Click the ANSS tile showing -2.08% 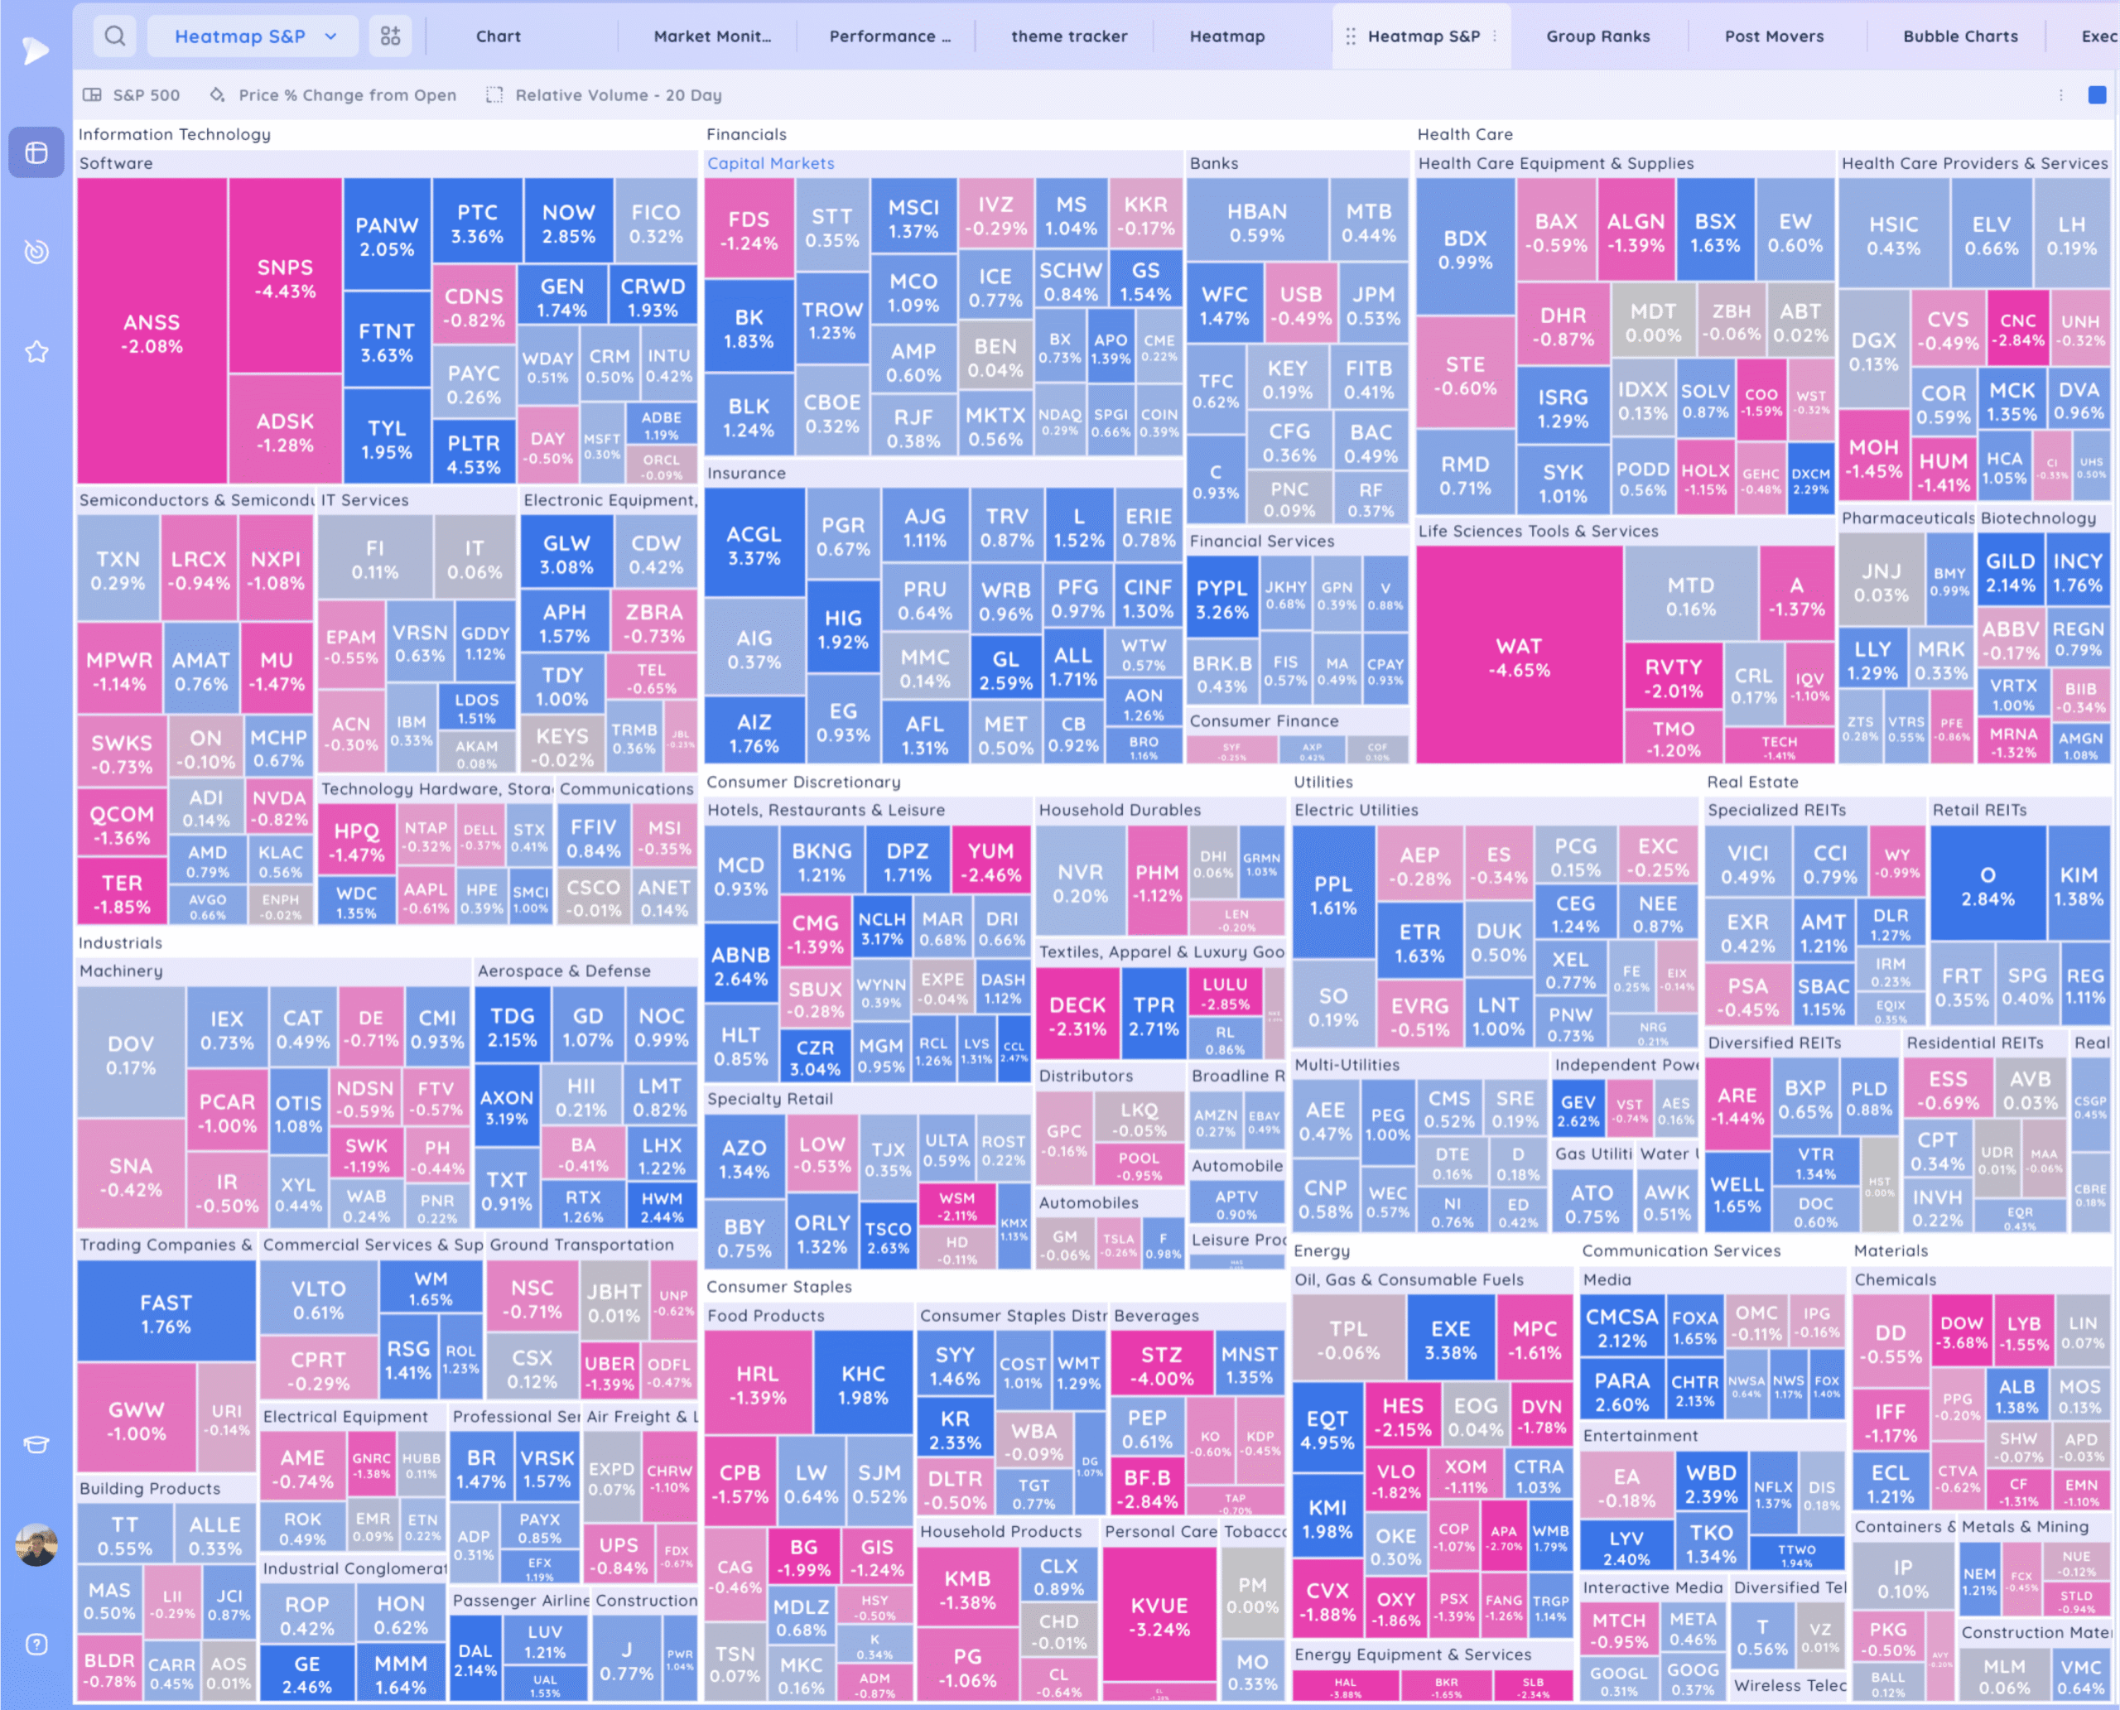151,333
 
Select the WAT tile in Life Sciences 1518,657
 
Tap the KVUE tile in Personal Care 1159,1616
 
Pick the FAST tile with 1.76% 166,1313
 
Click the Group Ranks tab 1597,36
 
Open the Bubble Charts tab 1959,36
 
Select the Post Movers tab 1773,36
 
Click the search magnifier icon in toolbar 115,36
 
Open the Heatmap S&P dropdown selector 255,36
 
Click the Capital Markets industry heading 770,163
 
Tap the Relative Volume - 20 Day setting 618,95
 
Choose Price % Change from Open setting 347,95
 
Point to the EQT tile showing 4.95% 1326,1429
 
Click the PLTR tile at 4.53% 473,454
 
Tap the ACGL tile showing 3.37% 753,545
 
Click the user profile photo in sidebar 36,1544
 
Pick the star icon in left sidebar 36,352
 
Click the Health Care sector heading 1464,134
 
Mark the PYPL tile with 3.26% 1221,599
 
